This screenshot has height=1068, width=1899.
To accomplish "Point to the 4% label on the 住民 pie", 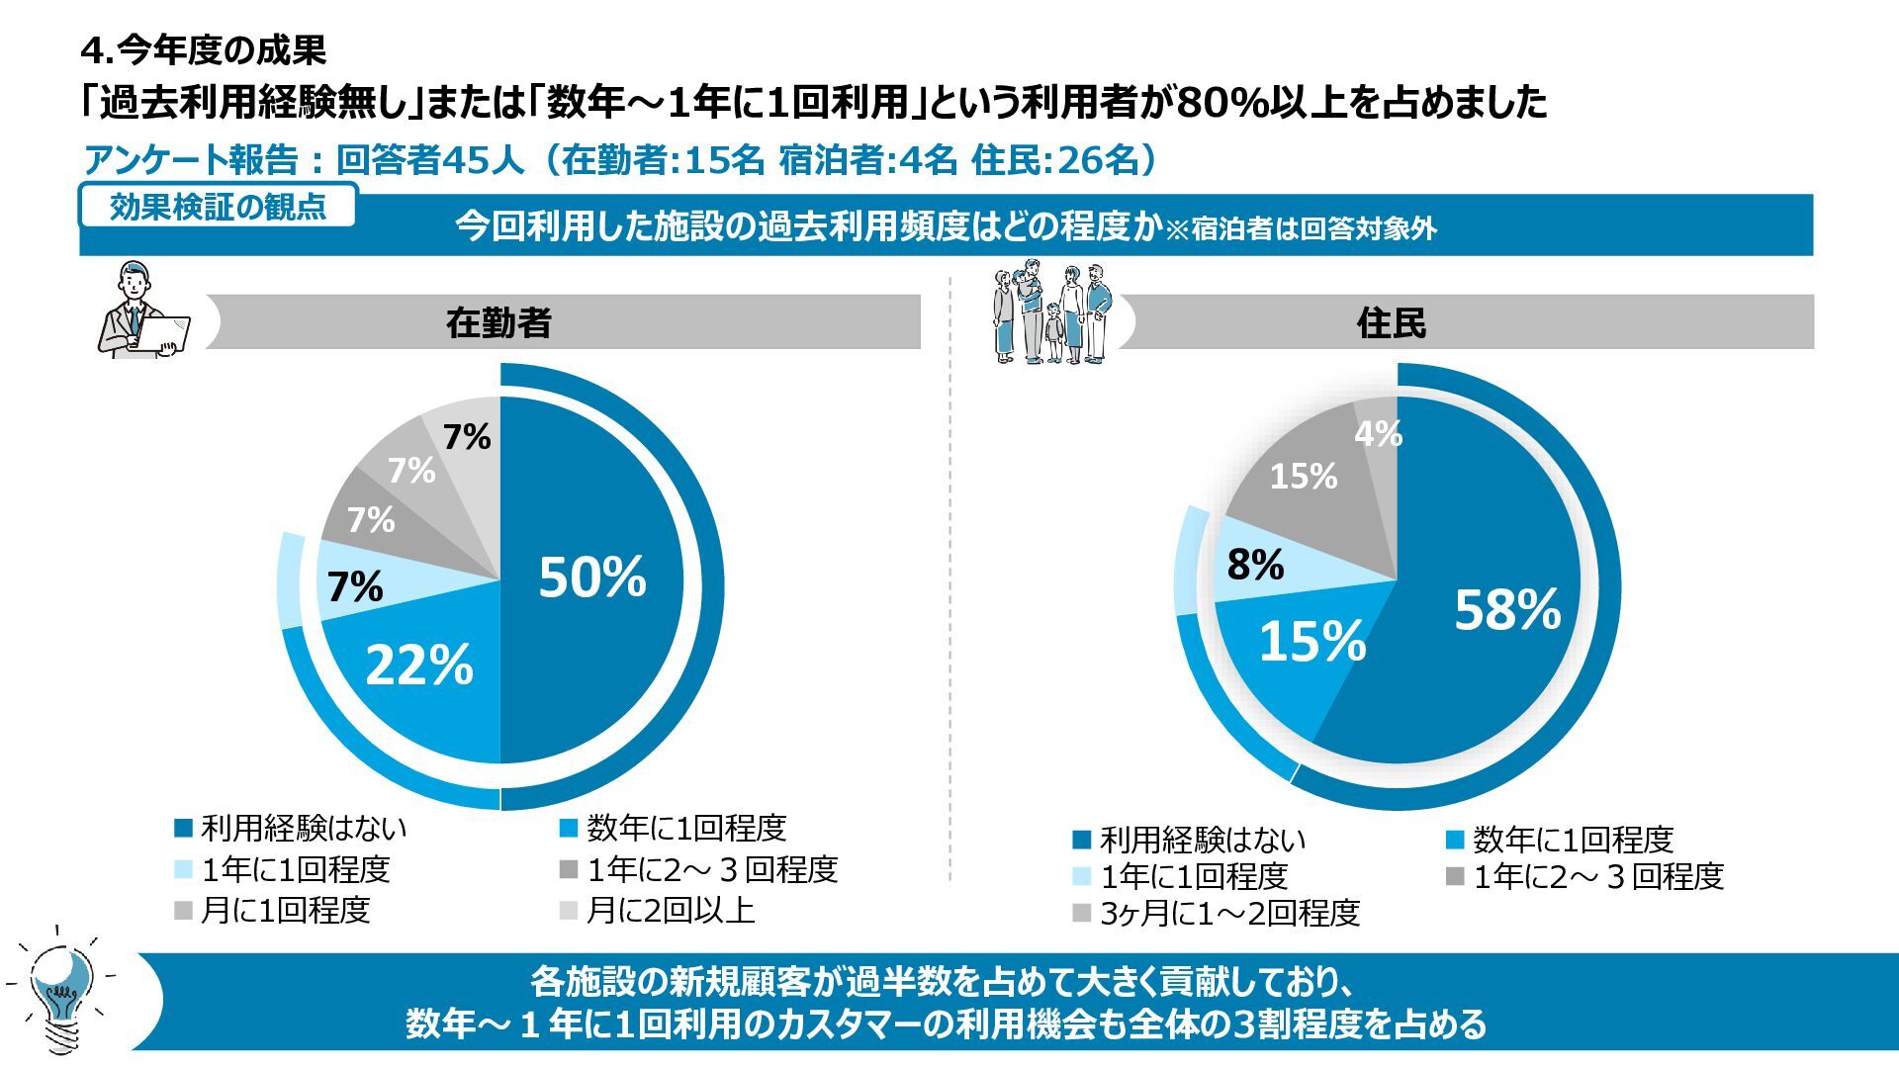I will [1378, 433].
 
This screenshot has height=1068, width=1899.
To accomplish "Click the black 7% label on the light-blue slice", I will [355, 587].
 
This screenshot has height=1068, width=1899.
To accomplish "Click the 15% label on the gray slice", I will [1304, 477].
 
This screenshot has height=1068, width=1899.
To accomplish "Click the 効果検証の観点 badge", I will [218, 207].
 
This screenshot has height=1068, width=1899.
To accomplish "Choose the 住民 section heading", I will [1391, 323].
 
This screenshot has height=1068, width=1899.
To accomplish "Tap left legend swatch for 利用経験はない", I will [183, 829].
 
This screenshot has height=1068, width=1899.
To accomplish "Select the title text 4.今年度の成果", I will [204, 49].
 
